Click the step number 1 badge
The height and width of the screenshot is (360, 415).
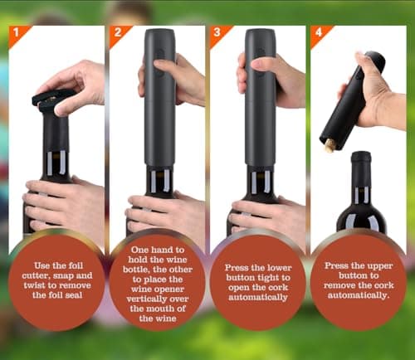16,33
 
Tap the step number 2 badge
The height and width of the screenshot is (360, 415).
117,33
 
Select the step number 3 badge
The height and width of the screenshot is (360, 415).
217,33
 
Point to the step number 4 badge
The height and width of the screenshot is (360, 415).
318,33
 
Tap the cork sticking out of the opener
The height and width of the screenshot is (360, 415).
330,145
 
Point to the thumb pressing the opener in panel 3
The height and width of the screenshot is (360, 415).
261,63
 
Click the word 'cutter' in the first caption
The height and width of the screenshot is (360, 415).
36,275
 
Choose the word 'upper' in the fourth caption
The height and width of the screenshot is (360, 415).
379,266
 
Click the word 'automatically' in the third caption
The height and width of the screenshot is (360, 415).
258,298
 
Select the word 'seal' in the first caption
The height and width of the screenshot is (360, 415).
74,295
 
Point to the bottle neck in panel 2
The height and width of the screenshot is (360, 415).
159,181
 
